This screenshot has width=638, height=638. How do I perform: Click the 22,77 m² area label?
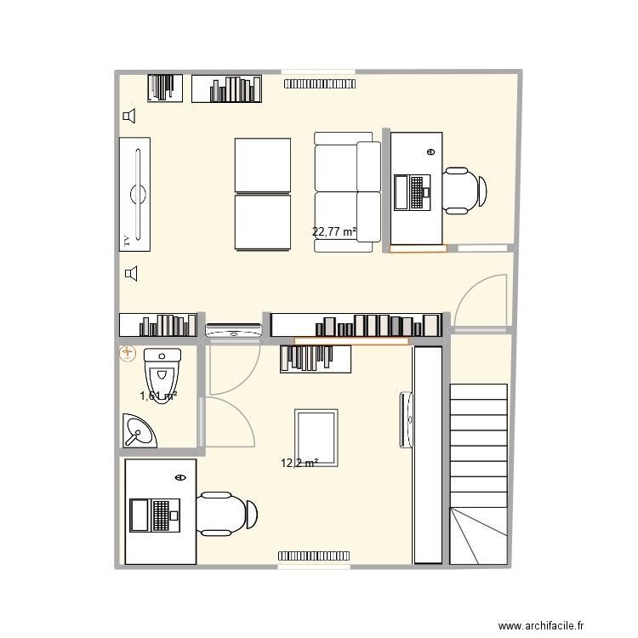click(333, 231)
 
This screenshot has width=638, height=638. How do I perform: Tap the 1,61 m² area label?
click(158, 396)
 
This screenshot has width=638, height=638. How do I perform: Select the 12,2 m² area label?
click(299, 464)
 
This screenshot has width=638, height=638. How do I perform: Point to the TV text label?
click(126, 241)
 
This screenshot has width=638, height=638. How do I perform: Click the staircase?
click(480, 472)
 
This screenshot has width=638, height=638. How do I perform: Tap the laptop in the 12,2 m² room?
click(154, 515)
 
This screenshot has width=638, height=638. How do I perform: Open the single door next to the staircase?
click(481, 302)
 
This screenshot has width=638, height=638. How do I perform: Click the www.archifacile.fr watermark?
click(541, 625)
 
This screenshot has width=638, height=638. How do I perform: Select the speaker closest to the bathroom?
click(131, 273)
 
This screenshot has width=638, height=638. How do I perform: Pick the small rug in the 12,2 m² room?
click(316, 437)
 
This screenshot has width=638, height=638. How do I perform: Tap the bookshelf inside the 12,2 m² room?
click(316, 358)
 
